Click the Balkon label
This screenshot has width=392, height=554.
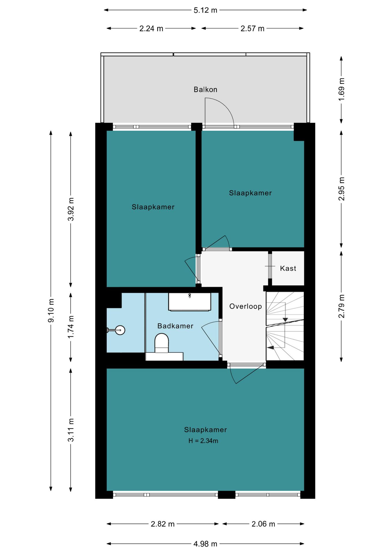pos(205,89)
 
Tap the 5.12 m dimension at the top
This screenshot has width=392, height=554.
pos(205,10)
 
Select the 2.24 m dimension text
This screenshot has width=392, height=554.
pos(151,29)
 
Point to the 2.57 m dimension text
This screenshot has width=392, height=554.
pos(252,29)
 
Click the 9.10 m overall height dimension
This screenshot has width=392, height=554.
pos(51,310)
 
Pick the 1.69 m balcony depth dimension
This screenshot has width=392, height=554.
pos(341,89)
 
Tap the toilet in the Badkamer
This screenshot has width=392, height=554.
pos(162,343)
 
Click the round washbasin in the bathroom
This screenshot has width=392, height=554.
pos(120,330)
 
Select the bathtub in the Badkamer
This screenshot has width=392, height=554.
pos(190,302)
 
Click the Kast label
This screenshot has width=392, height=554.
pos(288,268)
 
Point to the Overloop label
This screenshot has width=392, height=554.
pos(246,306)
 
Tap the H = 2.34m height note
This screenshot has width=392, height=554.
pos(203,441)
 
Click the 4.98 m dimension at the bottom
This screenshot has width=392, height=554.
pos(205,544)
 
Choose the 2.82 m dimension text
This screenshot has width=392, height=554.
pos(163,524)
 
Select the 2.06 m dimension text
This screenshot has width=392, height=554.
pos(263,524)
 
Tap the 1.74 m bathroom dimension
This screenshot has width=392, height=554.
pos(71,327)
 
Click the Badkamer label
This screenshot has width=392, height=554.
pos(175,326)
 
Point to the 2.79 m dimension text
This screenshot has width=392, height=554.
pos(341,306)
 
